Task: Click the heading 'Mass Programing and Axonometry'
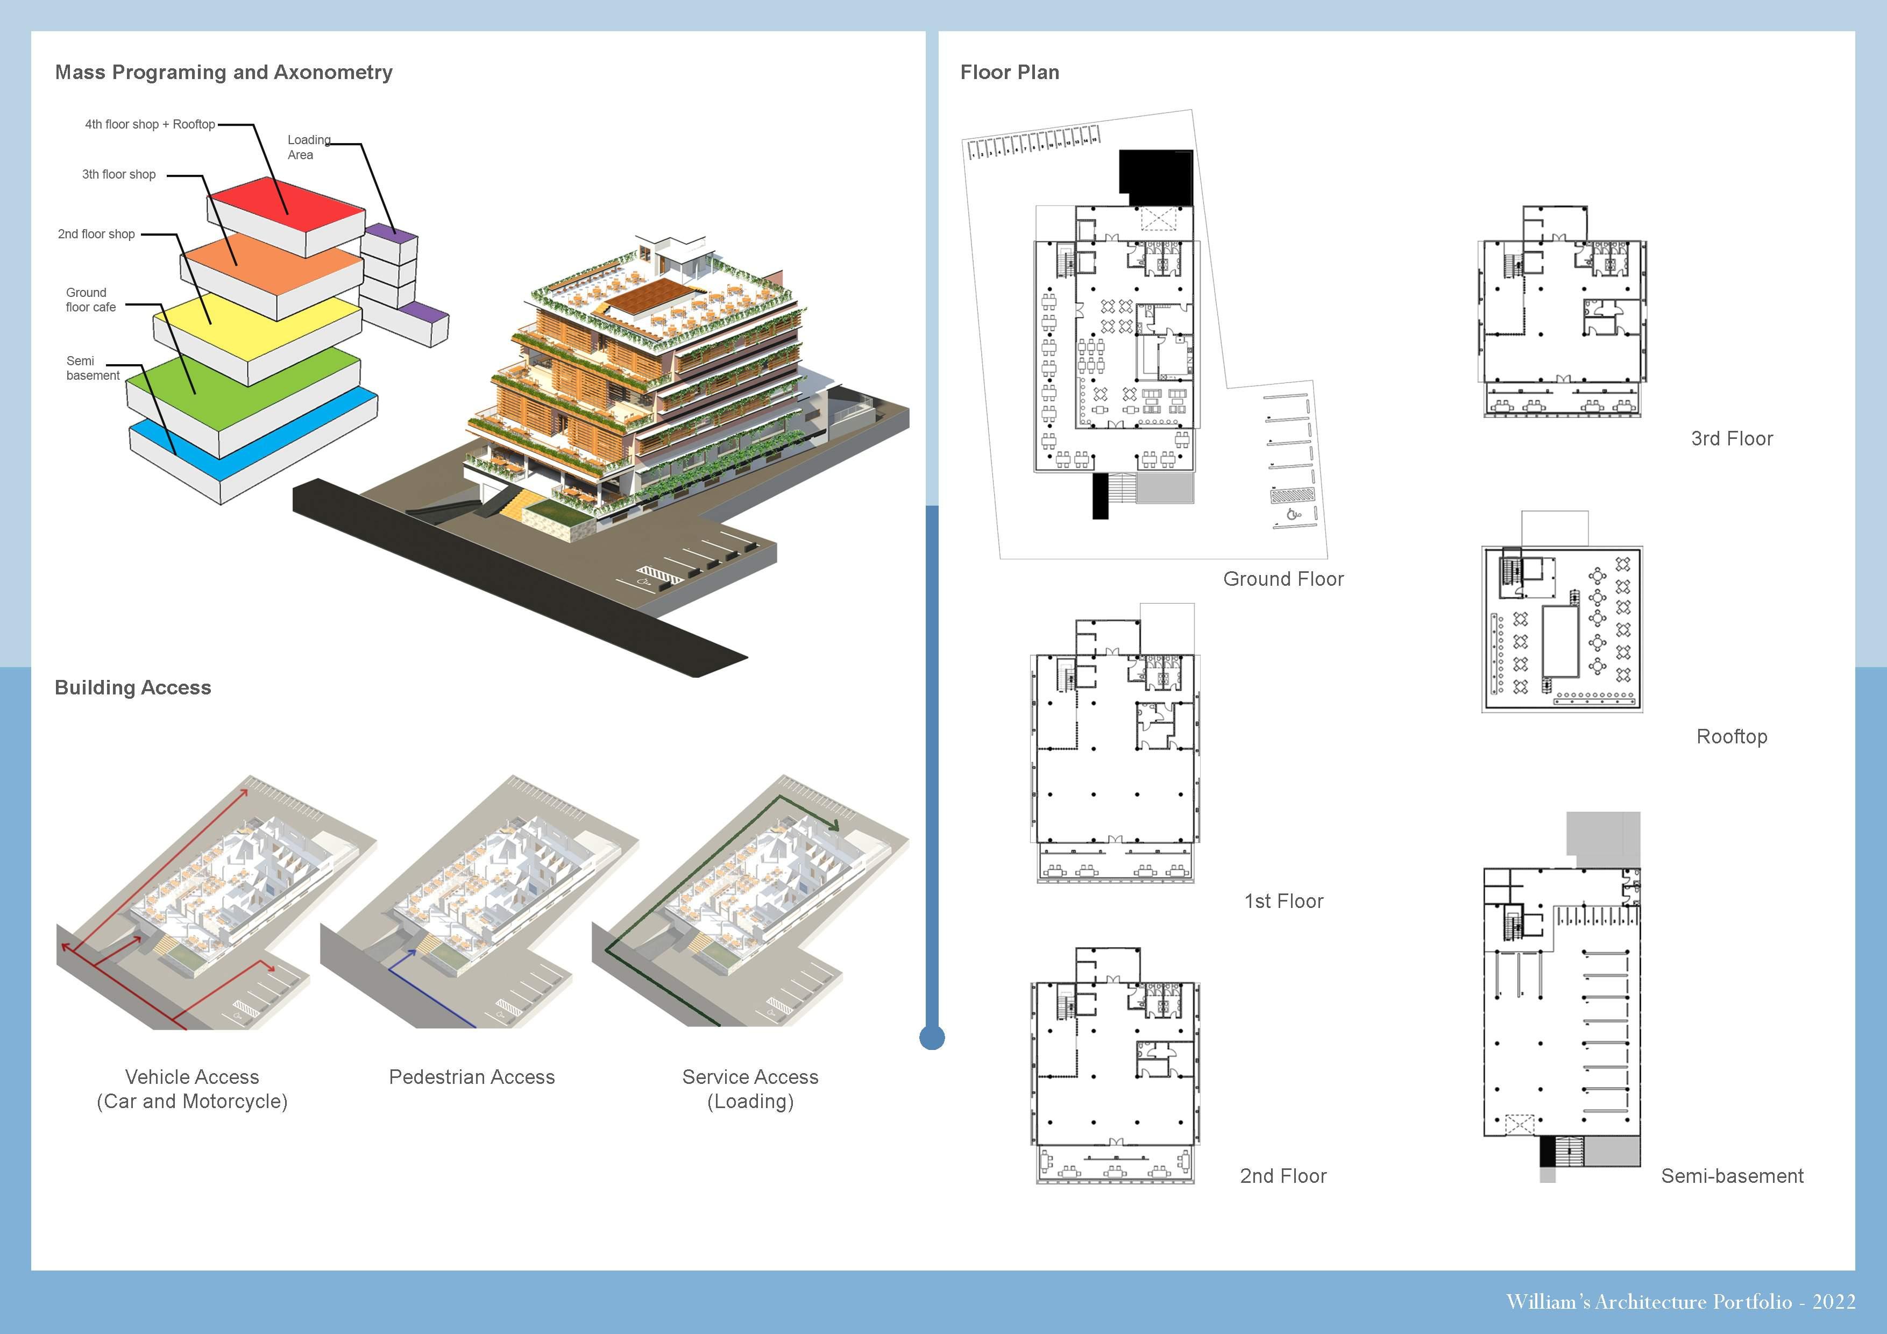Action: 224,72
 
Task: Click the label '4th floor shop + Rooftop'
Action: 150,124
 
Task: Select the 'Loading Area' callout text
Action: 308,147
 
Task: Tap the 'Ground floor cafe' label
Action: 90,300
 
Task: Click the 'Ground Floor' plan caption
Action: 1283,579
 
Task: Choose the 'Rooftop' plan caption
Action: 1732,736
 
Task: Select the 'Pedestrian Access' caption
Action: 472,1077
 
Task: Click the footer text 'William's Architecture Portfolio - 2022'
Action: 1681,1302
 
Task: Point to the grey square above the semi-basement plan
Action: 1602,839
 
